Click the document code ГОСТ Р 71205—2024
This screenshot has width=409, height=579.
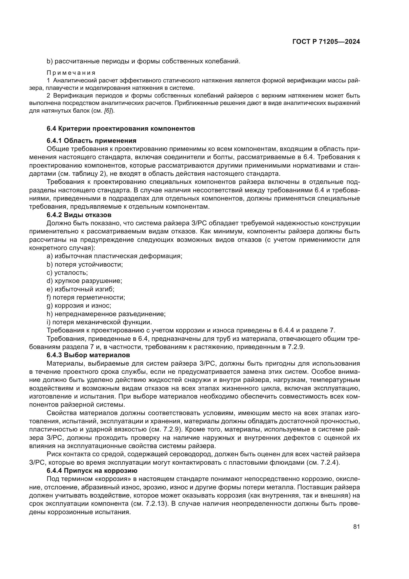pyautogui.click(x=326, y=42)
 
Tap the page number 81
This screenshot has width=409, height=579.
pyautogui.click(x=356, y=527)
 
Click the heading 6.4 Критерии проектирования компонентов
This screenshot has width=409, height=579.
pyautogui.click(x=121, y=129)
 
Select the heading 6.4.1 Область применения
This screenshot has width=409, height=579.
pyautogui.click(x=91, y=141)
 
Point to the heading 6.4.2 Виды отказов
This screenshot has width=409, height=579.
pyautogui.click(x=79, y=215)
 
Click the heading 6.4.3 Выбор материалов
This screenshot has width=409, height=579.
pyautogui.click(x=88, y=355)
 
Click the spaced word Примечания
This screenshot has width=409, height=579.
pyautogui.click(x=71, y=73)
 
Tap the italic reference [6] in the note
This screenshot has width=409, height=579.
pyautogui.click(x=109, y=111)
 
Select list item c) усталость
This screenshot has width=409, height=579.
pyautogui.click(x=67, y=273)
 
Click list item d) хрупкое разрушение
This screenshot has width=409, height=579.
pyautogui.click(x=84, y=281)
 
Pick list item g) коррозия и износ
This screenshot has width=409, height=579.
pyautogui.click(x=79, y=306)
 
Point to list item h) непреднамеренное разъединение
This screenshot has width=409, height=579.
pyautogui.click(x=106, y=314)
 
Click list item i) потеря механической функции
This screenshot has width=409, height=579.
pyautogui.click(x=99, y=322)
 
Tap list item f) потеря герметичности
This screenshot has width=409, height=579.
pyautogui.click(x=86, y=297)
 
